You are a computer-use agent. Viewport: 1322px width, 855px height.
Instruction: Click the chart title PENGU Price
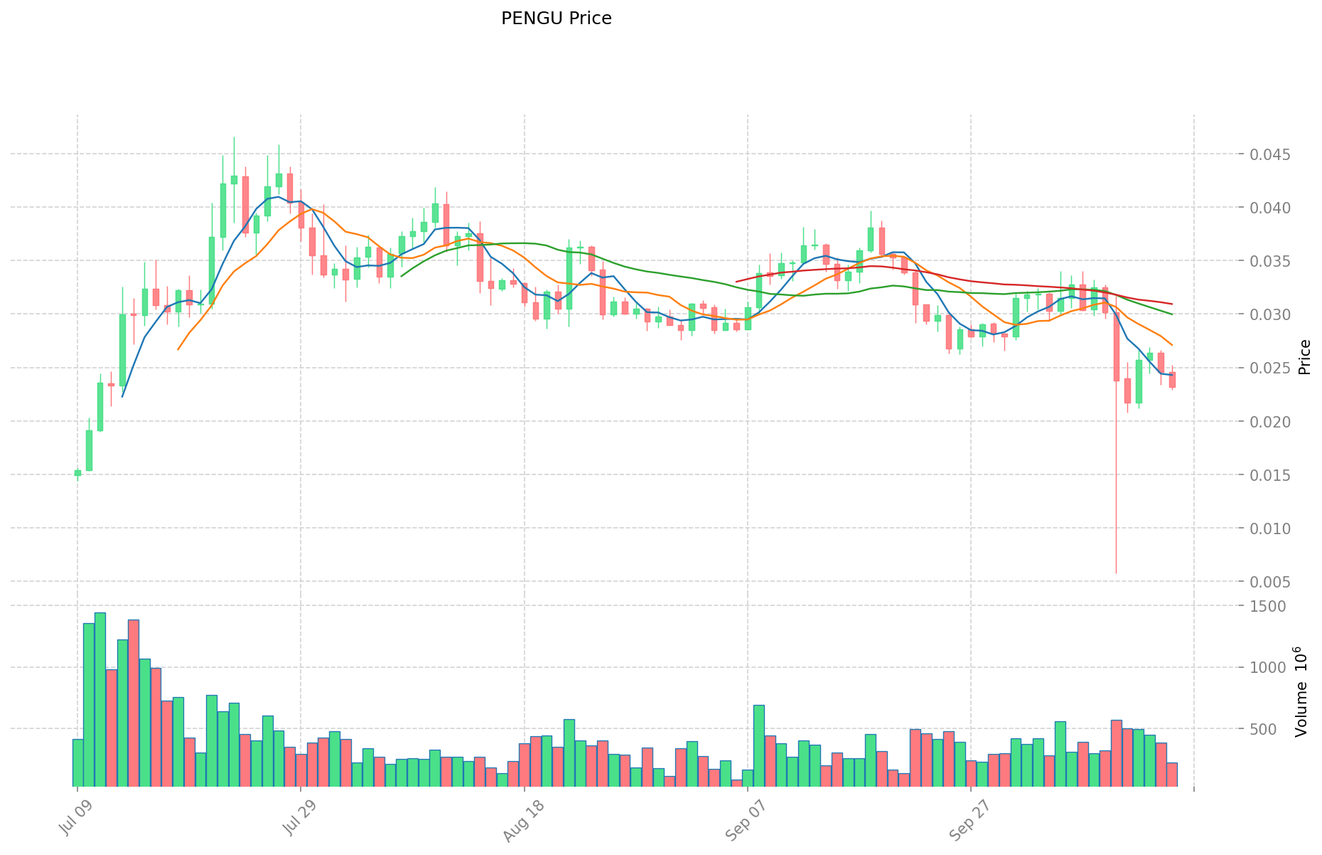556,18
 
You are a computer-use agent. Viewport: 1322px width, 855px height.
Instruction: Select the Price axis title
1304,356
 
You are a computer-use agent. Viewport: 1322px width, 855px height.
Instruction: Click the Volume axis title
1301,691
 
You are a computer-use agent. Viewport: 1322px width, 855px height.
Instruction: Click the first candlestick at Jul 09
77,472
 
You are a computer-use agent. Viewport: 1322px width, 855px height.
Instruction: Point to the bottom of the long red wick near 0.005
1116,572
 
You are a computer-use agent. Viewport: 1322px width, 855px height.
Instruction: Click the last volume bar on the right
1172,774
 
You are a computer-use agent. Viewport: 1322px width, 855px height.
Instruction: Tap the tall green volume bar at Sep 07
759,745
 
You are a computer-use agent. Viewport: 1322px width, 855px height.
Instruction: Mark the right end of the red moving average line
1171,304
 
